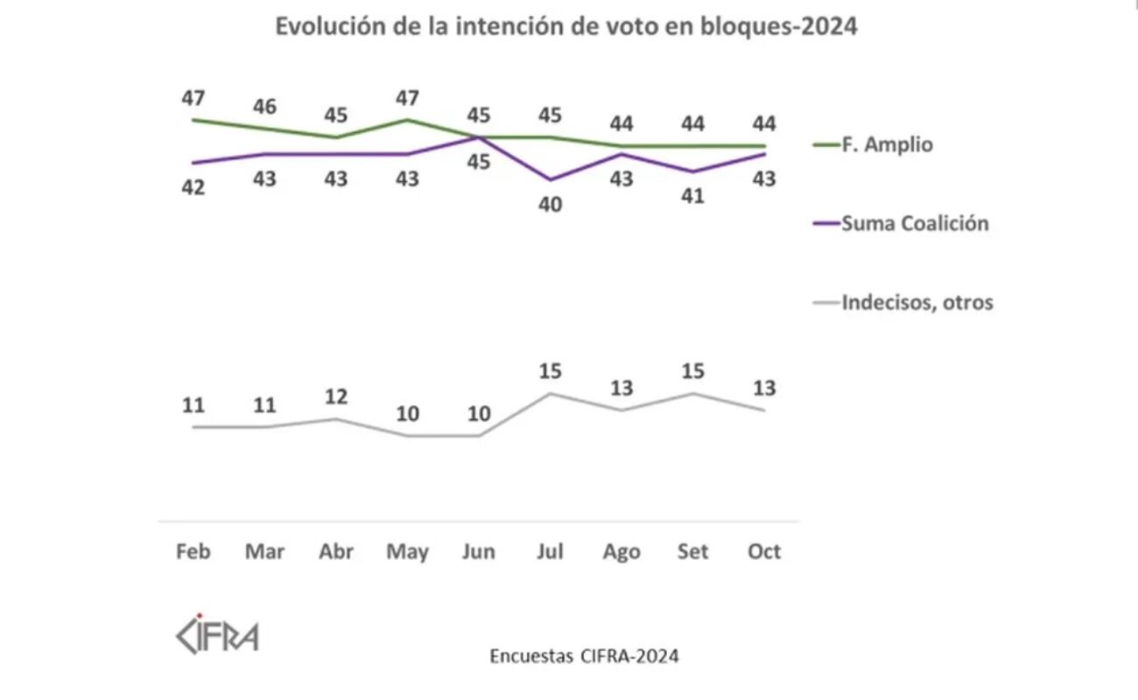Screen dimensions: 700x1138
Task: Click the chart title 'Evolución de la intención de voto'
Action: [566, 27]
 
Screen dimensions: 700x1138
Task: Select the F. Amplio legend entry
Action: [886, 144]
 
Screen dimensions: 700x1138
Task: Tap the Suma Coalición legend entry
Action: [914, 223]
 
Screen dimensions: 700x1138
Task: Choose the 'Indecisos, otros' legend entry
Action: [917, 303]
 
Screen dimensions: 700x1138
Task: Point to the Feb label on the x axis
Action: [193, 552]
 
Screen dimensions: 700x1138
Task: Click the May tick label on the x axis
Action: [408, 552]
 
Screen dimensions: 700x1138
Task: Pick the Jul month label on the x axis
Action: [551, 552]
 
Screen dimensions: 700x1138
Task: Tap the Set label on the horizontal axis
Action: [693, 552]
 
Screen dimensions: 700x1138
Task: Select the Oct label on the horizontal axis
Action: [764, 552]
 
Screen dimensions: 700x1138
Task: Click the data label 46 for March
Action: [264, 107]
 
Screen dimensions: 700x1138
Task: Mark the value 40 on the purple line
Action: [551, 205]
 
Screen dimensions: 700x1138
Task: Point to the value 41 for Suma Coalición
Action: [693, 197]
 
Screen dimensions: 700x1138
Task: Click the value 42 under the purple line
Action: [193, 187]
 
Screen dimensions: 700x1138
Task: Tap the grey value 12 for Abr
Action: [336, 396]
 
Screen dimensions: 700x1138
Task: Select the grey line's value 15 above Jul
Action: [551, 371]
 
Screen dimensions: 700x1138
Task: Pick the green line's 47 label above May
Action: [408, 97]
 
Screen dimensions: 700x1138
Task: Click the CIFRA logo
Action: [217, 633]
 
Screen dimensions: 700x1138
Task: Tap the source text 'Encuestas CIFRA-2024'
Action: [584, 655]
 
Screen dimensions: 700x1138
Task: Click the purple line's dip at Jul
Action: [551, 179]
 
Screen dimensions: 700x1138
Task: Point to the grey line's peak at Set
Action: [693, 394]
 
